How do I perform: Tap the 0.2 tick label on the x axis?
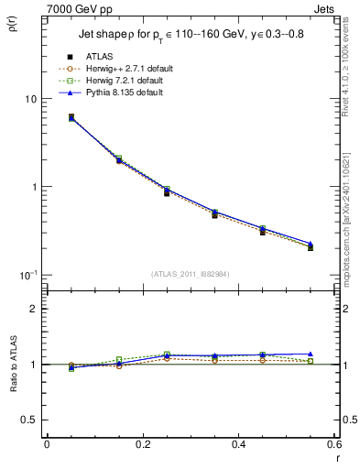[142, 444]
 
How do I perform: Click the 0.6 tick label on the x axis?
[334, 444]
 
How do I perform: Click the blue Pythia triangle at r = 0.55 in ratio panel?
[311, 354]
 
